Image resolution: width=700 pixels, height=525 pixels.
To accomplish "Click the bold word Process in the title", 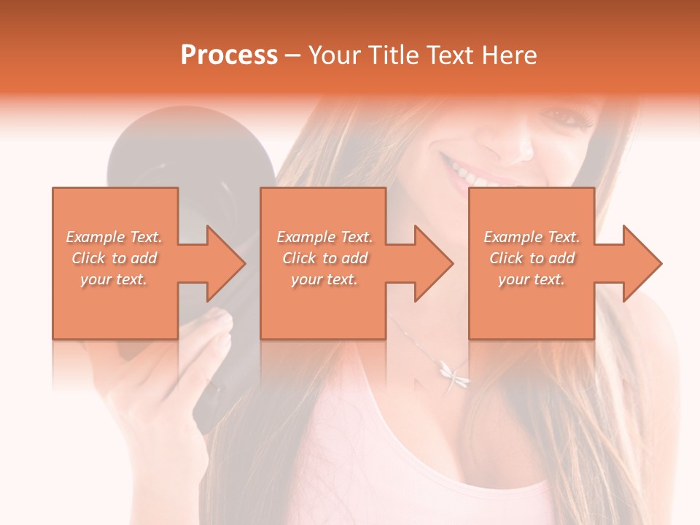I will [229, 55].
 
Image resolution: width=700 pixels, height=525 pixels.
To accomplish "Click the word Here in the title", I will [507, 55].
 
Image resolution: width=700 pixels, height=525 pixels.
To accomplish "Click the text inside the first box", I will [114, 258].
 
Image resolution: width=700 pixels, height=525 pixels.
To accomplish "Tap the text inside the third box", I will [532, 258].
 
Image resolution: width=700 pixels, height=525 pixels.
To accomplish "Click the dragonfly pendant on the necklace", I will [454, 374].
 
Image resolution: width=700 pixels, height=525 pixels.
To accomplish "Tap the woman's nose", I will [519, 147].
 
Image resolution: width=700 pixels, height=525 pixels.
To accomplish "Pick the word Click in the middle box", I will [298, 258].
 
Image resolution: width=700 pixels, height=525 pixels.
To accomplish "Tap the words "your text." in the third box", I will [532, 279].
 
